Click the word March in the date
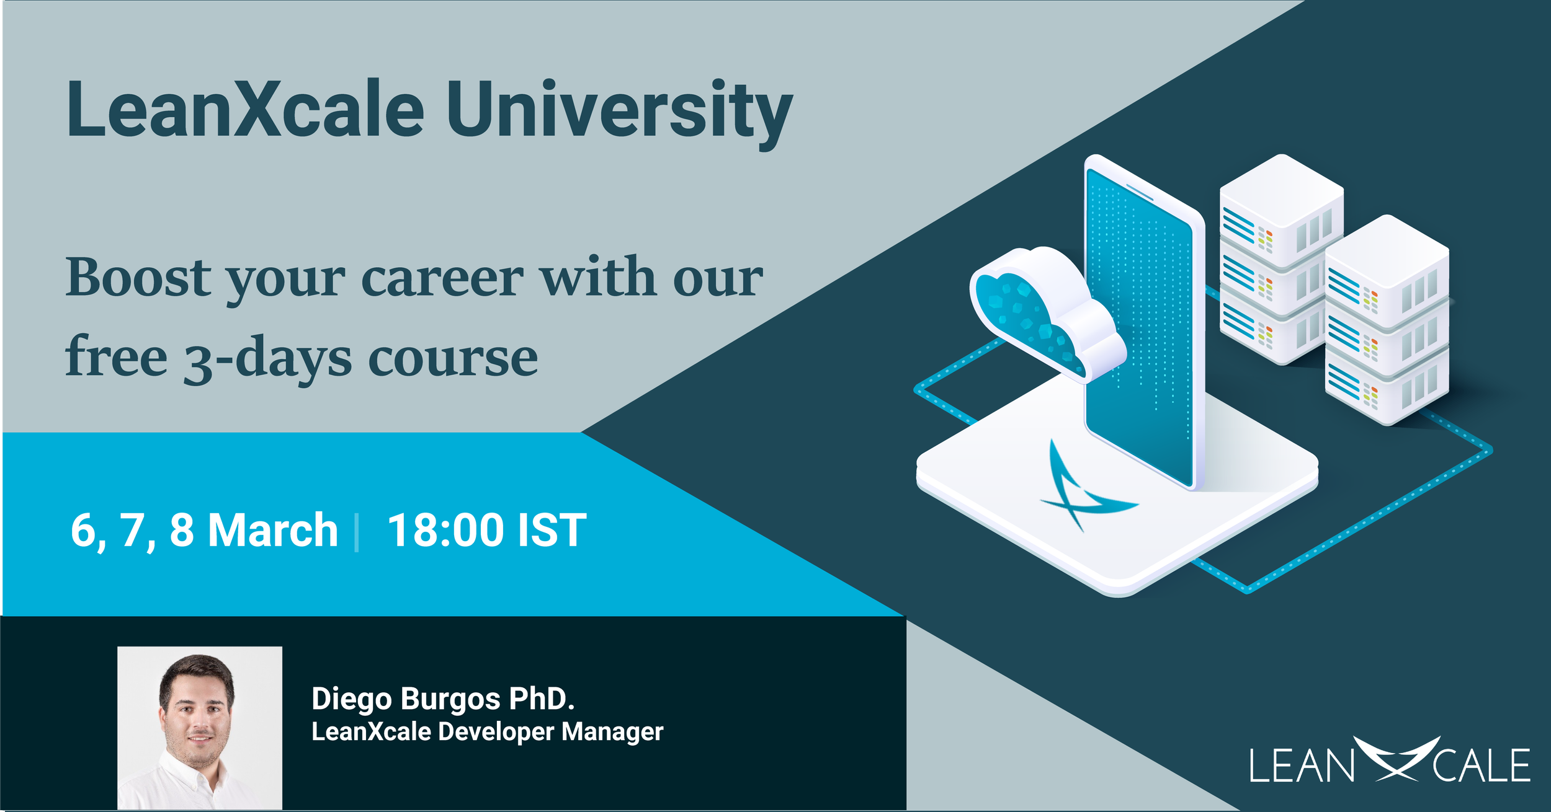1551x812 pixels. pyautogui.click(x=273, y=530)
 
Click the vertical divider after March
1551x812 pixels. pyautogui.click(x=357, y=532)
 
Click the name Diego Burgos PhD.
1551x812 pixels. pyautogui.click(x=443, y=699)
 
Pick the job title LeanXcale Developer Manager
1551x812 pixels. pyautogui.click(x=488, y=732)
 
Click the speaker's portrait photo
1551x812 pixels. pyautogui.click(x=200, y=728)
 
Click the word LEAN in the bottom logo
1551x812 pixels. pyautogui.click(x=1302, y=766)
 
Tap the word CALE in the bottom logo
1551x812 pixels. pyautogui.click(x=1482, y=766)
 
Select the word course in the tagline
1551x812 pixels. pyautogui.click(x=454, y=360)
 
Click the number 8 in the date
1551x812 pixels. pyautogui.click(x=182, y=531)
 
